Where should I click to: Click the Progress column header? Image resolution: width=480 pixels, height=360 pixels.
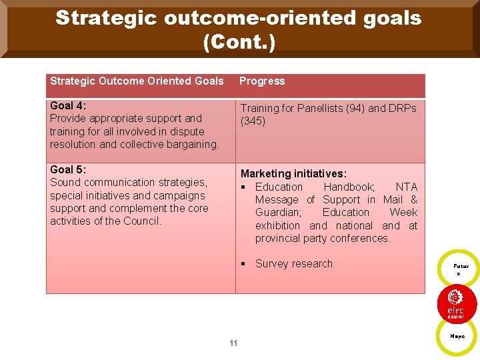[x=262, y=81]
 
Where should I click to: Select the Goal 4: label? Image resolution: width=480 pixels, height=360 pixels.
[x=68, y=105]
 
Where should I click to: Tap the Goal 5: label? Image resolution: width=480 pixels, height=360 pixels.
[x=68, y=169]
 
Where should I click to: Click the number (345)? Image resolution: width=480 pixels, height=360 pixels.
[x=253, y=121]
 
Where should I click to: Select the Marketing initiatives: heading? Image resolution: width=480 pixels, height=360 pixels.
[x=293, y=173]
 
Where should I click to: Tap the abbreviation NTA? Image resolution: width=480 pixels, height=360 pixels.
[x=406, y=187]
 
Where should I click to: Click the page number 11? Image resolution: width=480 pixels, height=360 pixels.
[x=233, y=343]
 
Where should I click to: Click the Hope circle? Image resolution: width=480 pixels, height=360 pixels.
[x=457, y=336]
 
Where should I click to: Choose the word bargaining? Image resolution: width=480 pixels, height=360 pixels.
[x=193, y=144]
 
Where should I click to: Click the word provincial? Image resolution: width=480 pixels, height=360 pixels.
[x=279, y=239]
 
